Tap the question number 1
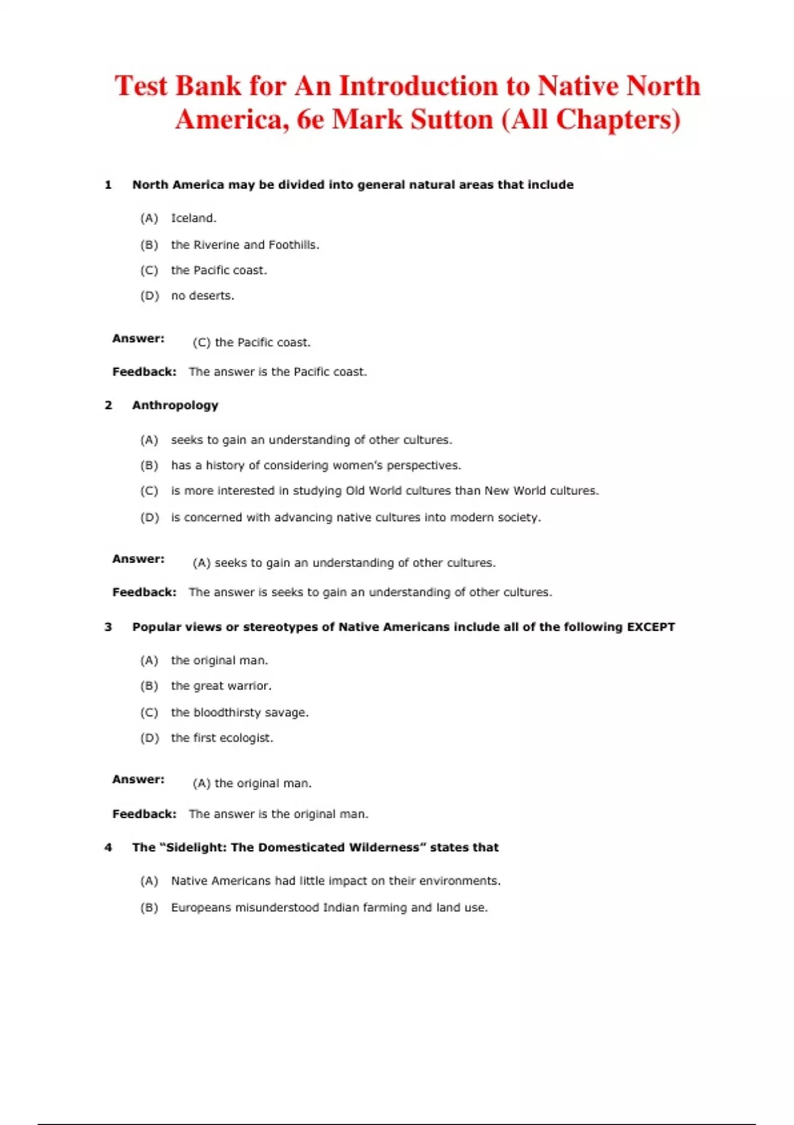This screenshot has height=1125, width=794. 108,185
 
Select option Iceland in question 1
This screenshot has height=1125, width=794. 193,218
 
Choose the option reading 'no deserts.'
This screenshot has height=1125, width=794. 202,296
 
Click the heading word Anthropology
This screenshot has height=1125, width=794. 175,405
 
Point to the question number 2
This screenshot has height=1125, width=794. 108,405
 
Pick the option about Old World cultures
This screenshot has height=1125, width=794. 384,491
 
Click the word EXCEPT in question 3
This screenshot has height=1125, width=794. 650,627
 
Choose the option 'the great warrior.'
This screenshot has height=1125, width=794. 221,686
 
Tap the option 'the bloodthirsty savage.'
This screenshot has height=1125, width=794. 240,713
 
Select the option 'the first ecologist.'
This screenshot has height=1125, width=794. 222,738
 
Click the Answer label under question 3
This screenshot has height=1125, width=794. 138,780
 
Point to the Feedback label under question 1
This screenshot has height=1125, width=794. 144,372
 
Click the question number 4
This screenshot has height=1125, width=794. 108,847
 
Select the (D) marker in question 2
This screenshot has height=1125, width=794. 150,517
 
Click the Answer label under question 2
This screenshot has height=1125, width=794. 138,559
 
